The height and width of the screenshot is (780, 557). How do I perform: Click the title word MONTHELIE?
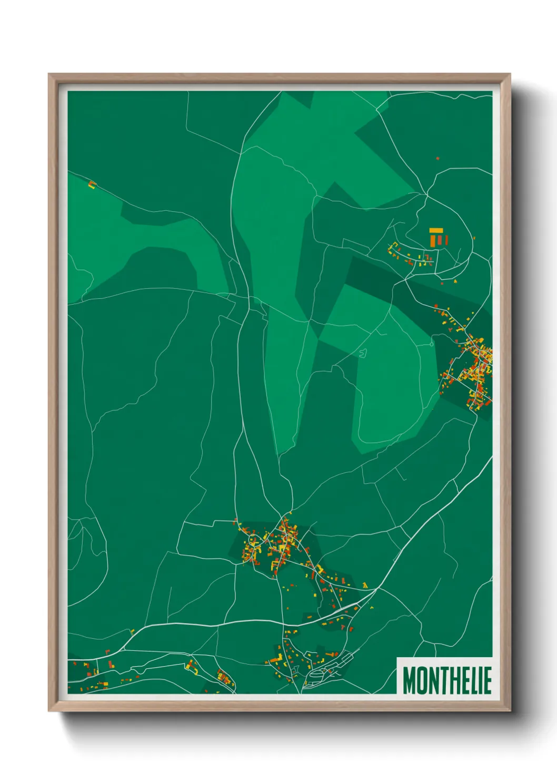[x=447, y=680]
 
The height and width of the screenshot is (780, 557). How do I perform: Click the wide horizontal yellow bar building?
[x=435, y=230]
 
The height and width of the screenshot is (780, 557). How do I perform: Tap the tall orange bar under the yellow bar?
[x=433, y=240]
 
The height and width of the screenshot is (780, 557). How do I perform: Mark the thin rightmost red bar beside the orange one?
[x=447, y=240]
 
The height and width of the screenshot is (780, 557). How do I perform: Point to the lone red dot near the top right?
[x=437, y=158]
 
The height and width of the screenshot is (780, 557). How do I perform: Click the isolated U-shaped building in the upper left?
[x=92, y=184]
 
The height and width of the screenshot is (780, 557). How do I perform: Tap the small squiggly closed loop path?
[x=363, y=353]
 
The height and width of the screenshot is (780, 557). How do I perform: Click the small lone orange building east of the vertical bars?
[x=474, y=238]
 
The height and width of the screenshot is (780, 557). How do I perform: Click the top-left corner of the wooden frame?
[x=49, y=74]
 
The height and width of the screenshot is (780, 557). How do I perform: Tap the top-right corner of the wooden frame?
[x=510, y=74]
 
